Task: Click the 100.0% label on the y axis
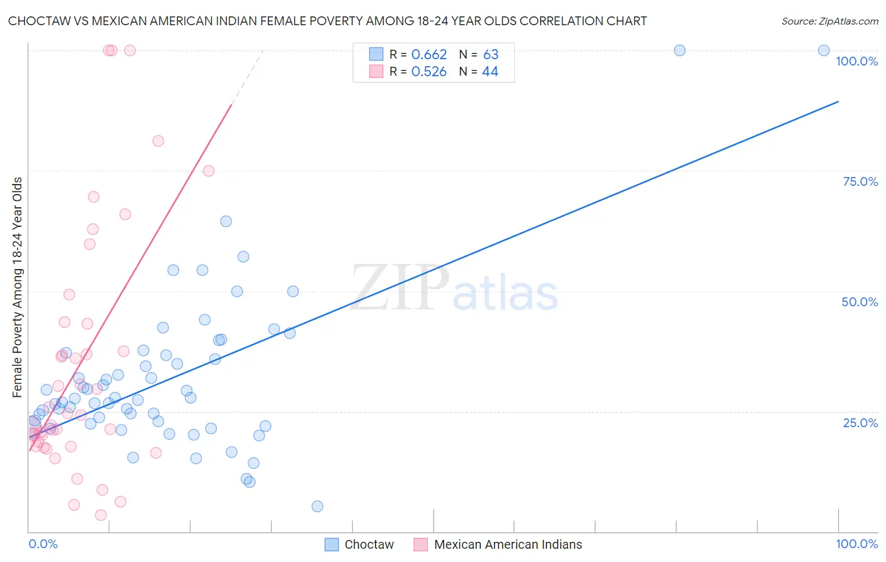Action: pyautogui.click(x=856, y=61)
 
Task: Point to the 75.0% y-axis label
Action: pyautogui.click(x=860, y=181)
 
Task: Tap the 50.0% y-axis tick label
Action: pyautogui.click(x=860, y=302)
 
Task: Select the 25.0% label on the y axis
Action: pyautogui.click(x=860, y=422)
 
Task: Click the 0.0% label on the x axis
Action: pyautogui.click(x=43, y=544)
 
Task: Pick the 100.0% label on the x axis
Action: pyautogui.click(x=856, y=544)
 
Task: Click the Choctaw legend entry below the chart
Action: pyautogui.click(x=369, y=544)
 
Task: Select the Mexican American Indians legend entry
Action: pyautogui.click(x=508, y=544)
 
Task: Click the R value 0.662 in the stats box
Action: pyautogui.click(x=429, y=55)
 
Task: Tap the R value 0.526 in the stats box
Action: pyautogui.click(x=429, y=72)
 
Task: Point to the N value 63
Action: pyautogui.click(x=490, y=55)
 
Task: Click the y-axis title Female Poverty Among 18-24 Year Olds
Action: pyautogui.click(x=18, y=287)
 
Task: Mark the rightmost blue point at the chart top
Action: pyautogui.click(x=824, y=50)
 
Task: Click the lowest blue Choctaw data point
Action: pyautogui.click(x=317, y=507)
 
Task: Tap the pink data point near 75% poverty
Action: pyautogui.click(x=209, y=171)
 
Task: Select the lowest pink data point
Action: pyautogui.click(x=100, y=515)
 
